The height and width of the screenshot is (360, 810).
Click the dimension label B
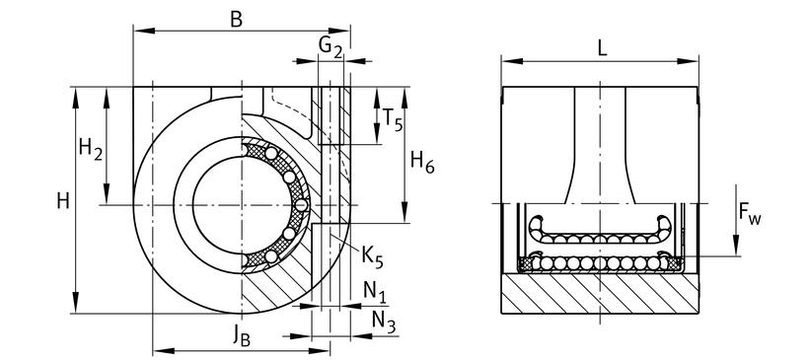[x=236, y=19]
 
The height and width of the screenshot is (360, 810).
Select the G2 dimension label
[x=331, y=47]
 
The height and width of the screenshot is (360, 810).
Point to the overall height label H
[x=63, y=201]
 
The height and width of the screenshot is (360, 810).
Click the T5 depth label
[x=392, y=118]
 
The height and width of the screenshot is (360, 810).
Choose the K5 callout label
[x=372, y=257]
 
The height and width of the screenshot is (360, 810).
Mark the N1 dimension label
[x=375, y=293]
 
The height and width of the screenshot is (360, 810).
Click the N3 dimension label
[x=384, y=323]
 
